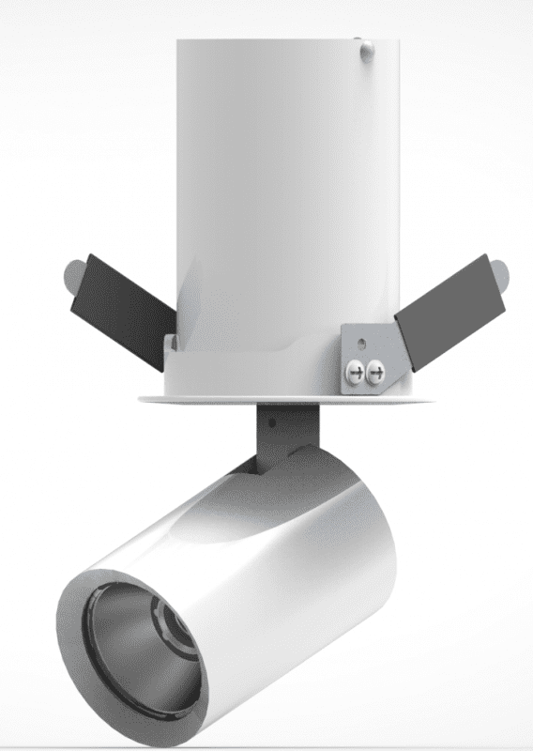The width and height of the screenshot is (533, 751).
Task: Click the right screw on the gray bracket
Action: (376, 373)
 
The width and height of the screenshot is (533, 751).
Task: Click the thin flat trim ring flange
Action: (282, 400)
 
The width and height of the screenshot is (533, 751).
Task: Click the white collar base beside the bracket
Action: (244, 371)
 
